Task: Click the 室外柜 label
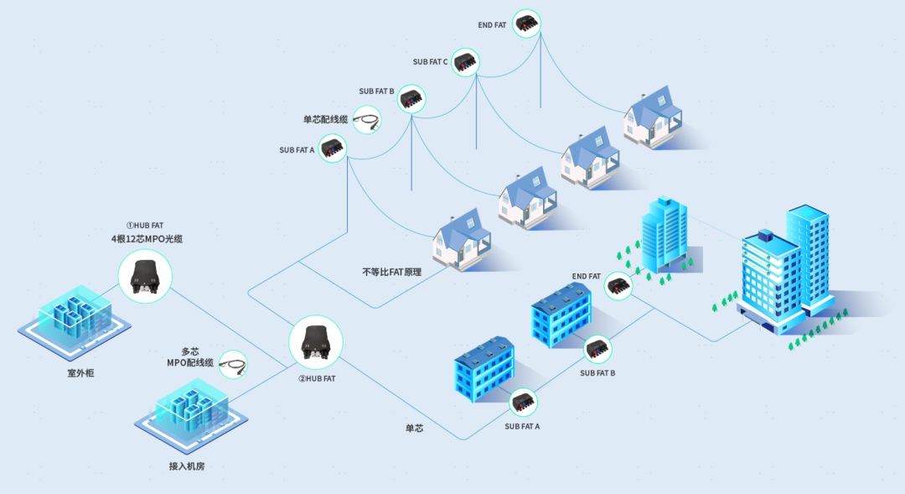tap(80, 372)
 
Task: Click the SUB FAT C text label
tap(430, 62)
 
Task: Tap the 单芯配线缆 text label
tap(325, 119)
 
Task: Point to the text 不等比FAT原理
tap(391, 273)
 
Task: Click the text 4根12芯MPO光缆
tap(147, 239)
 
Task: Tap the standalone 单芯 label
tap(414, 429)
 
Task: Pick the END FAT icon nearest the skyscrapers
tap(618, 285)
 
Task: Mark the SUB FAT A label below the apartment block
tap(522, 426)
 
